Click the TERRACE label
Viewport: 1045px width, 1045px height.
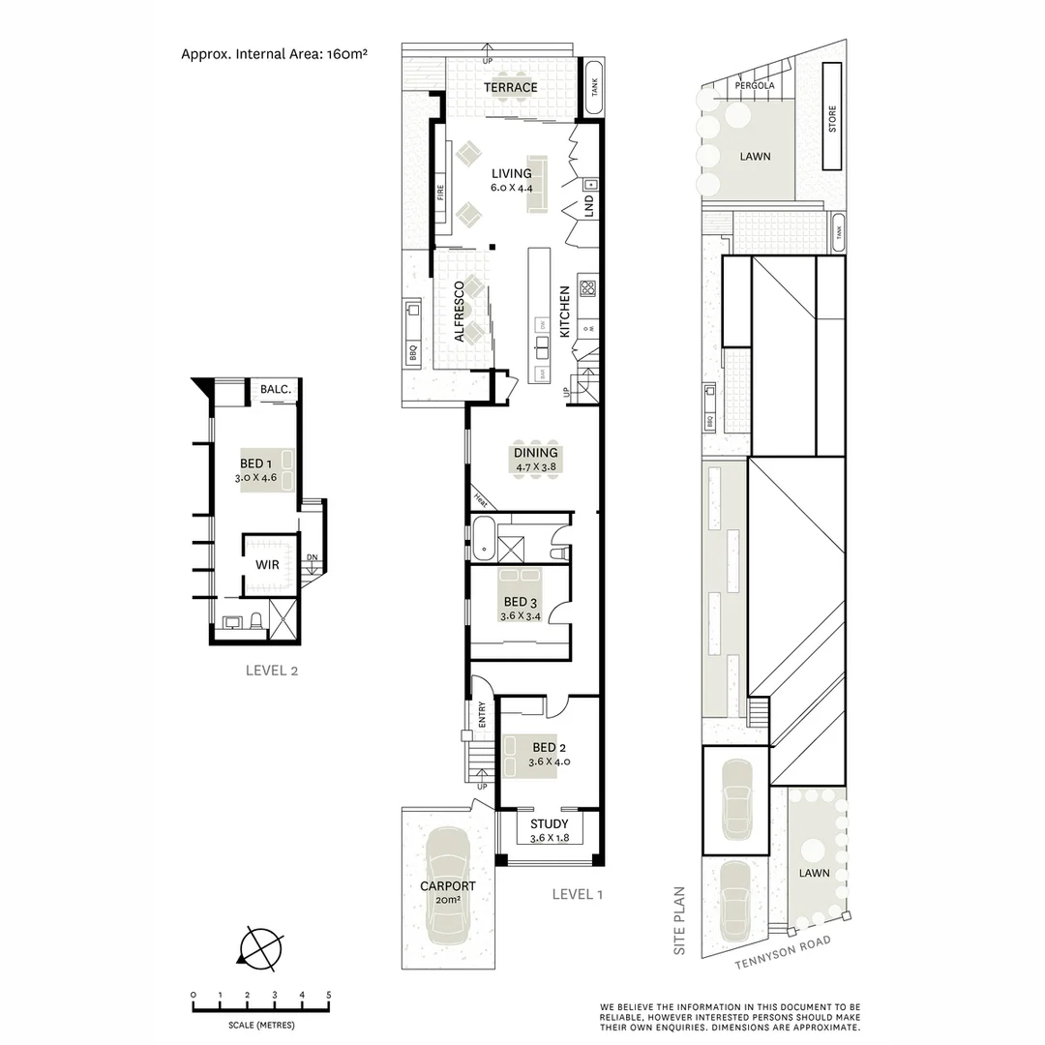(x=511, y=88)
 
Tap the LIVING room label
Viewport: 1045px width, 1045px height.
(x=511, y=174)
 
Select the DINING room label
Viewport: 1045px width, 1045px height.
(x=535, y=453)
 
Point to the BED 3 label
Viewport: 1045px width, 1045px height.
(x=520, y=602)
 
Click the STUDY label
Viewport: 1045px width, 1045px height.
(x=549, y=824)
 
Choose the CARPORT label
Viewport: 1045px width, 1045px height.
(x=447, y=886)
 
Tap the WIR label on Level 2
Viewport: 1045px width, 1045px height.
(x=268, y=564)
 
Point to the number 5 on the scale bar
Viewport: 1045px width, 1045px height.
(x=329, y=995)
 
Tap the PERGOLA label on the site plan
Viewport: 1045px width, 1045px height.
(x=755, y=85)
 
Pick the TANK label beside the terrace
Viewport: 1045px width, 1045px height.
(x=593, y=87)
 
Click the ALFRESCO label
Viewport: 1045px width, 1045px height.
(x=461, y=312)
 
